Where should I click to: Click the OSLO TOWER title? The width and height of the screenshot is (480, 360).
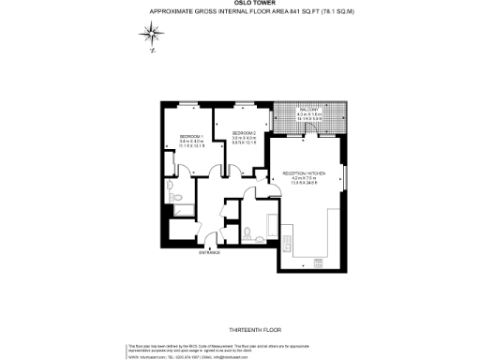(x=240, y=4)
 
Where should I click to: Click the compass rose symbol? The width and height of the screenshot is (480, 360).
(x=151, y=37)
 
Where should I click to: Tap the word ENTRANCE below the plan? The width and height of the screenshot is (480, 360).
(x=209, y=252)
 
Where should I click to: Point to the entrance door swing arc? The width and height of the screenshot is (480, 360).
(x=209, y=236)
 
